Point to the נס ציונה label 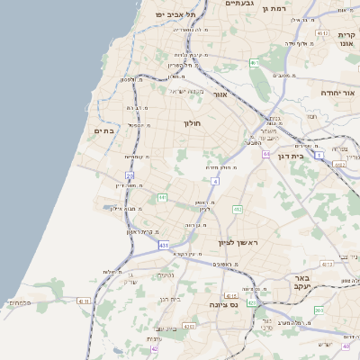[222, 306]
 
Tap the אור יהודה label [338, 94]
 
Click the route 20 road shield [130, 175]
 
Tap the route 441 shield [163, 197]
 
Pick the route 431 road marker [163, 245]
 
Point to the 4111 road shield [85, 301]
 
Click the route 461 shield [255, 63]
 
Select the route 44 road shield [266, 154]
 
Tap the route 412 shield [238, 209]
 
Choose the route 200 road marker [319, 310]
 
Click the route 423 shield [252, 303]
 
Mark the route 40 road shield [346, 346]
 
